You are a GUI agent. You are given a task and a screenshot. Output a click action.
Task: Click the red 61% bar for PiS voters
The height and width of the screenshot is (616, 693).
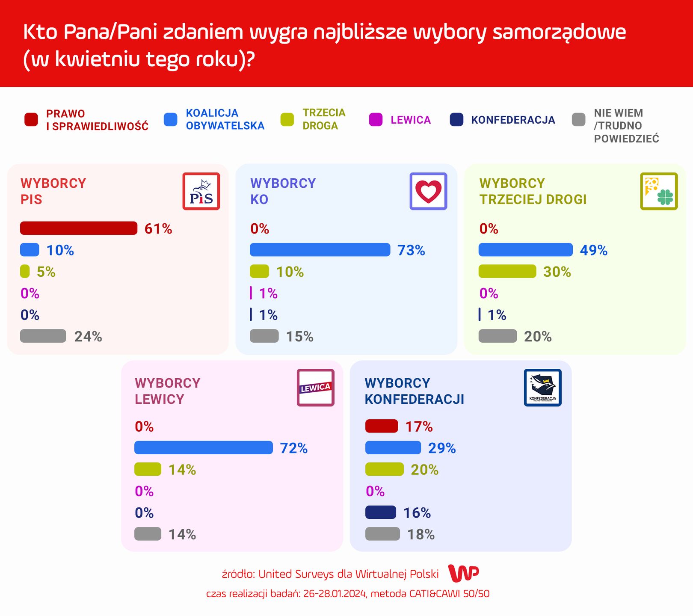tap(79, 228)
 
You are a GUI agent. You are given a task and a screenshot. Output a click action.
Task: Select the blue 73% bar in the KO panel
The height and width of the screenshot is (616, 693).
tap(320, 250)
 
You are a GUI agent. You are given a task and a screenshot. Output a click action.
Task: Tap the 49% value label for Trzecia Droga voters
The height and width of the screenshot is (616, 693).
tap(593, 250)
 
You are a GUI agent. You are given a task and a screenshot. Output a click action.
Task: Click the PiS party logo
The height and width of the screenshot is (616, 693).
tap(201, 191)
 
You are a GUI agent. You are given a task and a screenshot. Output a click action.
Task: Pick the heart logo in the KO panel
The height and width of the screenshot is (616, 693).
tap(428, 191)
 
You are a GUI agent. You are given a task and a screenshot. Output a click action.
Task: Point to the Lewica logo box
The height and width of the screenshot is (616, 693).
tap(315, 388)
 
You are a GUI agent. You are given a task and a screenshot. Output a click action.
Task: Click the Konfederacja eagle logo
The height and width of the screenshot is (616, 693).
tap(542, 388)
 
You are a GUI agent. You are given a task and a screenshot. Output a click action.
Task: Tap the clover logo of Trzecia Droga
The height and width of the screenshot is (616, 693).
tap(659, 191)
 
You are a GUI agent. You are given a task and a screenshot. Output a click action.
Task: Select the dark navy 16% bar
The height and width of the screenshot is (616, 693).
tap(381, 512)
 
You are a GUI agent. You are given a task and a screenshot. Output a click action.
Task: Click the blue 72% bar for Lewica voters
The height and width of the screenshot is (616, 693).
tap(204, 448)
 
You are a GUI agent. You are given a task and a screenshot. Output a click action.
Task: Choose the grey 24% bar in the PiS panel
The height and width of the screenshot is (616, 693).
tap(43, 336)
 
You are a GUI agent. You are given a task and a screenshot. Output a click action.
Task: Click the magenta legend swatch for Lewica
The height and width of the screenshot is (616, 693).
tap(376, 120)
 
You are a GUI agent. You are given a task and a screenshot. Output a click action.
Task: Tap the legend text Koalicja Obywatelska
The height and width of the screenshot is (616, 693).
tap(225, 119)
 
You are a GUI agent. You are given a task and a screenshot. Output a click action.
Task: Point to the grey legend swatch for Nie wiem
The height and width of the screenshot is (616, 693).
tap(578, 120)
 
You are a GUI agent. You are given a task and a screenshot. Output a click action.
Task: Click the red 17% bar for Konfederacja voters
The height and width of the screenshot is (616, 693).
tap(382, 426)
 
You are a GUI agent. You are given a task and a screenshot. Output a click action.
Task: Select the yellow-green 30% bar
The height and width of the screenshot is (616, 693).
tap(507, 272)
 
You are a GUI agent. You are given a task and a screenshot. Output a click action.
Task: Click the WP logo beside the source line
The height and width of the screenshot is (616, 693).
tap(463, 573)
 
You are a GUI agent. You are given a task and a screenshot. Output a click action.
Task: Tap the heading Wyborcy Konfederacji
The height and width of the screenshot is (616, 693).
tap(414, 391)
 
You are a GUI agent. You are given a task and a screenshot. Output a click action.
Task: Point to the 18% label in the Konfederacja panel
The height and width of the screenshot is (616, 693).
tap(421, 534)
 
